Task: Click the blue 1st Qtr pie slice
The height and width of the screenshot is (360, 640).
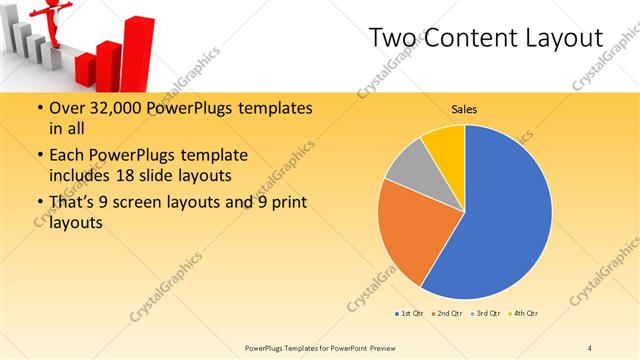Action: (x=500, y=215)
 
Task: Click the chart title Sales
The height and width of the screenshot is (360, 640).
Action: (x=463, y=108)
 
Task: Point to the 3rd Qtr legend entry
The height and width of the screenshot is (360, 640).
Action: (x=486, y=314)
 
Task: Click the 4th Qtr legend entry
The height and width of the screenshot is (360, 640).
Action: (x=524, y=314)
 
